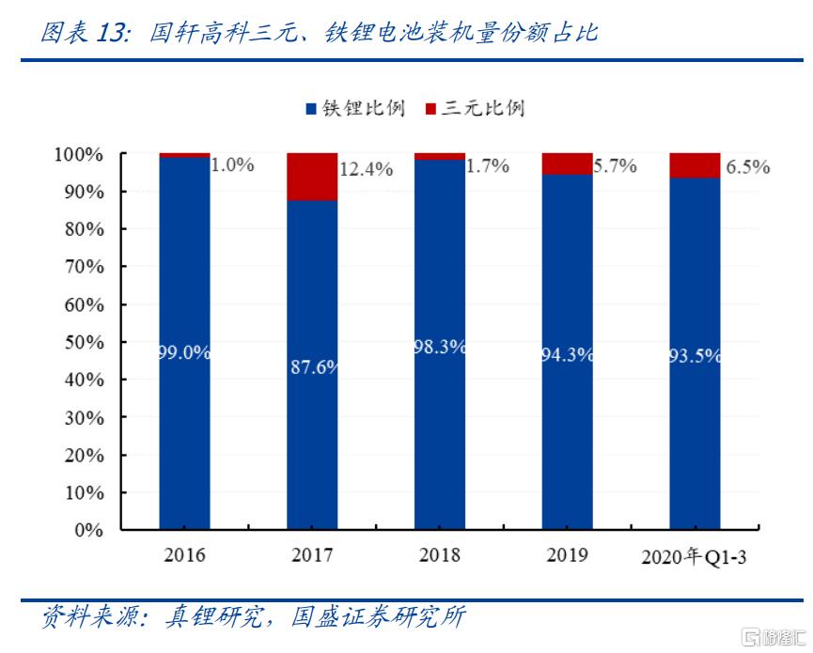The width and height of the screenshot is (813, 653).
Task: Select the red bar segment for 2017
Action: [x=312, y=177]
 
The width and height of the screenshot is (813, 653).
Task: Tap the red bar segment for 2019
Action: [x=567, y=163]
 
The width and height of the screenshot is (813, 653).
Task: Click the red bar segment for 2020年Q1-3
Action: [x=695, y=165]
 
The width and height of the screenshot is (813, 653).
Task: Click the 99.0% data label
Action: [x=184, y=353]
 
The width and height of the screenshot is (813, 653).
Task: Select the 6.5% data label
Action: [x=748, y=167]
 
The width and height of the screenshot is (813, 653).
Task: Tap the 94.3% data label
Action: [x=567, y=355]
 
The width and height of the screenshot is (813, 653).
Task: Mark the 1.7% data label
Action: [x=489, y=166]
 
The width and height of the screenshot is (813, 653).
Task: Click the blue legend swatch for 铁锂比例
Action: [x=311, y=109]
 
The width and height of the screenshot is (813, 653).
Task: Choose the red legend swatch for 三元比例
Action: [x=431, y=109]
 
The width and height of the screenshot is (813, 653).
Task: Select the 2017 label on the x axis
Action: [x=312, y=555]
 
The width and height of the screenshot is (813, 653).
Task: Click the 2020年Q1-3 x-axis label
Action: [x=695, y=556]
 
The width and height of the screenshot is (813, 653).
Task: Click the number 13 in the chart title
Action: [x=111, y=34]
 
